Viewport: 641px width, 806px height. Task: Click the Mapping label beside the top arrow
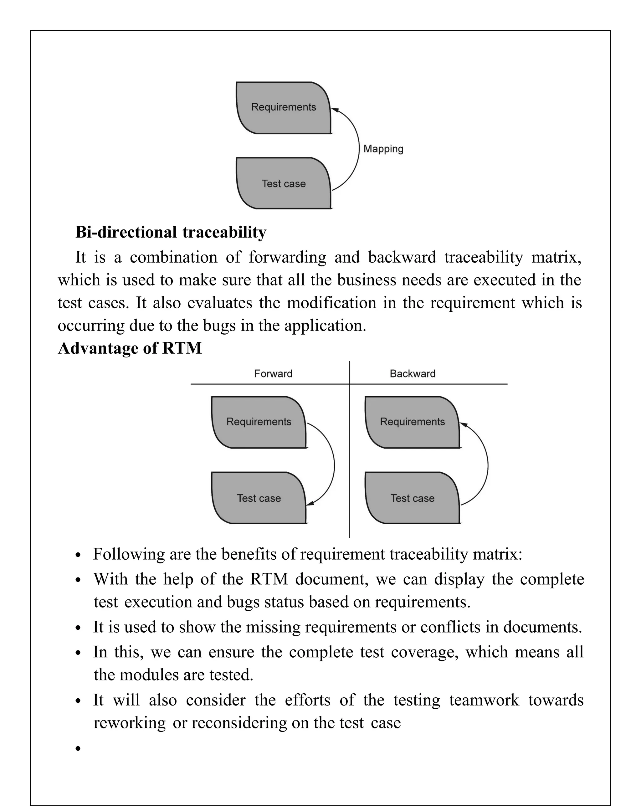(x=383, y=149)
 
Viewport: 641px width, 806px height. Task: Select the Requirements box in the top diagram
(x=283, y=107)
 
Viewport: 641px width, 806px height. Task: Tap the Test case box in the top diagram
(x=283, y=183)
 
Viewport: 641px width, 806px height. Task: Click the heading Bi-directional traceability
(x=171, y=232)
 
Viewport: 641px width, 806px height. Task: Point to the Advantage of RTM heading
(x=130, y=348)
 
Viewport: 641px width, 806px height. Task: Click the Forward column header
(x=273, y=373)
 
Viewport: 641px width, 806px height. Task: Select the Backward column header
(x=412, y=373)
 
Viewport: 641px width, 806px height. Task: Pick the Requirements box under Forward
(x=259, y=422)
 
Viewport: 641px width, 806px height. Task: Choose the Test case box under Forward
(x=259, y=498)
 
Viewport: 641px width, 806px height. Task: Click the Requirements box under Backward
(x=412, y=422)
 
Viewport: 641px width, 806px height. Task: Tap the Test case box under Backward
(x=412, y=498)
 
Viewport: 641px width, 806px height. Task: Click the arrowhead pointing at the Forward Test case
(x=310, y=504)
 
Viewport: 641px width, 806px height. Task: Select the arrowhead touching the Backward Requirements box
(x=464, y=425)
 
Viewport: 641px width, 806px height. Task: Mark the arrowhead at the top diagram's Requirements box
(x=335, y=110)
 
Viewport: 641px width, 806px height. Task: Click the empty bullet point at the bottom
(x=78, y=748)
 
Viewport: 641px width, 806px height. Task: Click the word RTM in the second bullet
(x=269, y=579)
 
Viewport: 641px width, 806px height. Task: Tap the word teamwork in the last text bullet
(x=484, y=700)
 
